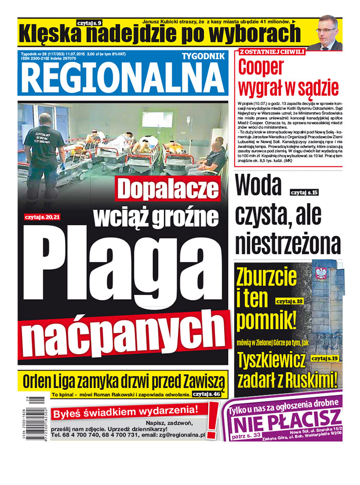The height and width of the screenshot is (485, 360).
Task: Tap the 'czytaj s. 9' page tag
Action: [x=90, y=23]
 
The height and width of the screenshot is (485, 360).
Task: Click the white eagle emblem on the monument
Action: [x=322, y=272]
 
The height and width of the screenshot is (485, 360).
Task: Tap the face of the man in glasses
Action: [x=327, y=31]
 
